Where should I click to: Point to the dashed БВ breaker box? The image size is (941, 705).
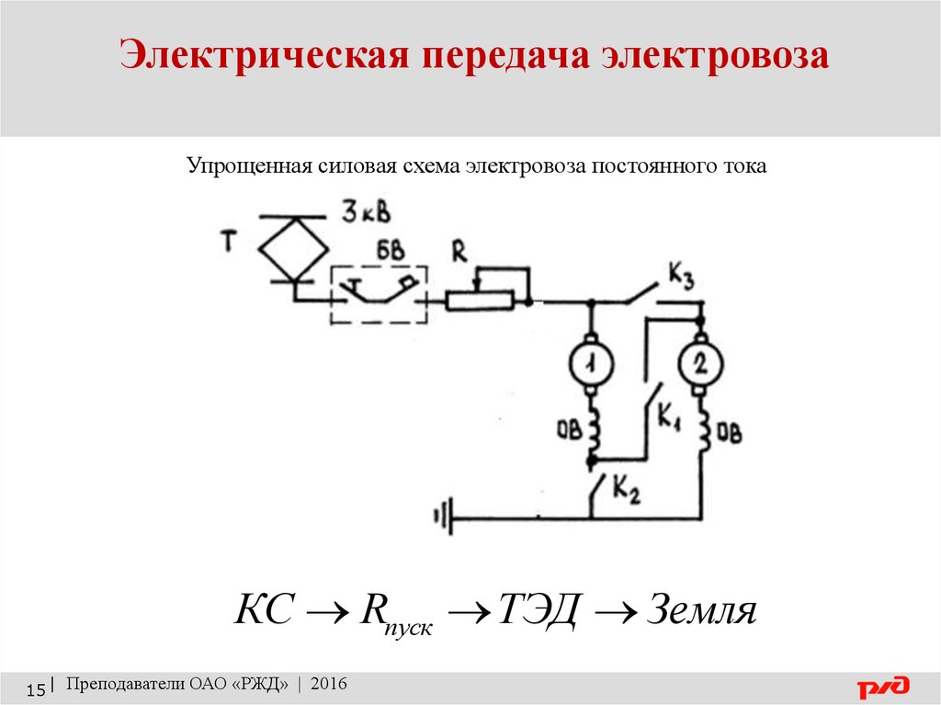click(x=379, y=295)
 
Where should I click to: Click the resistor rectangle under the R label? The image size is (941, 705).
click(x=480, y=300)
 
